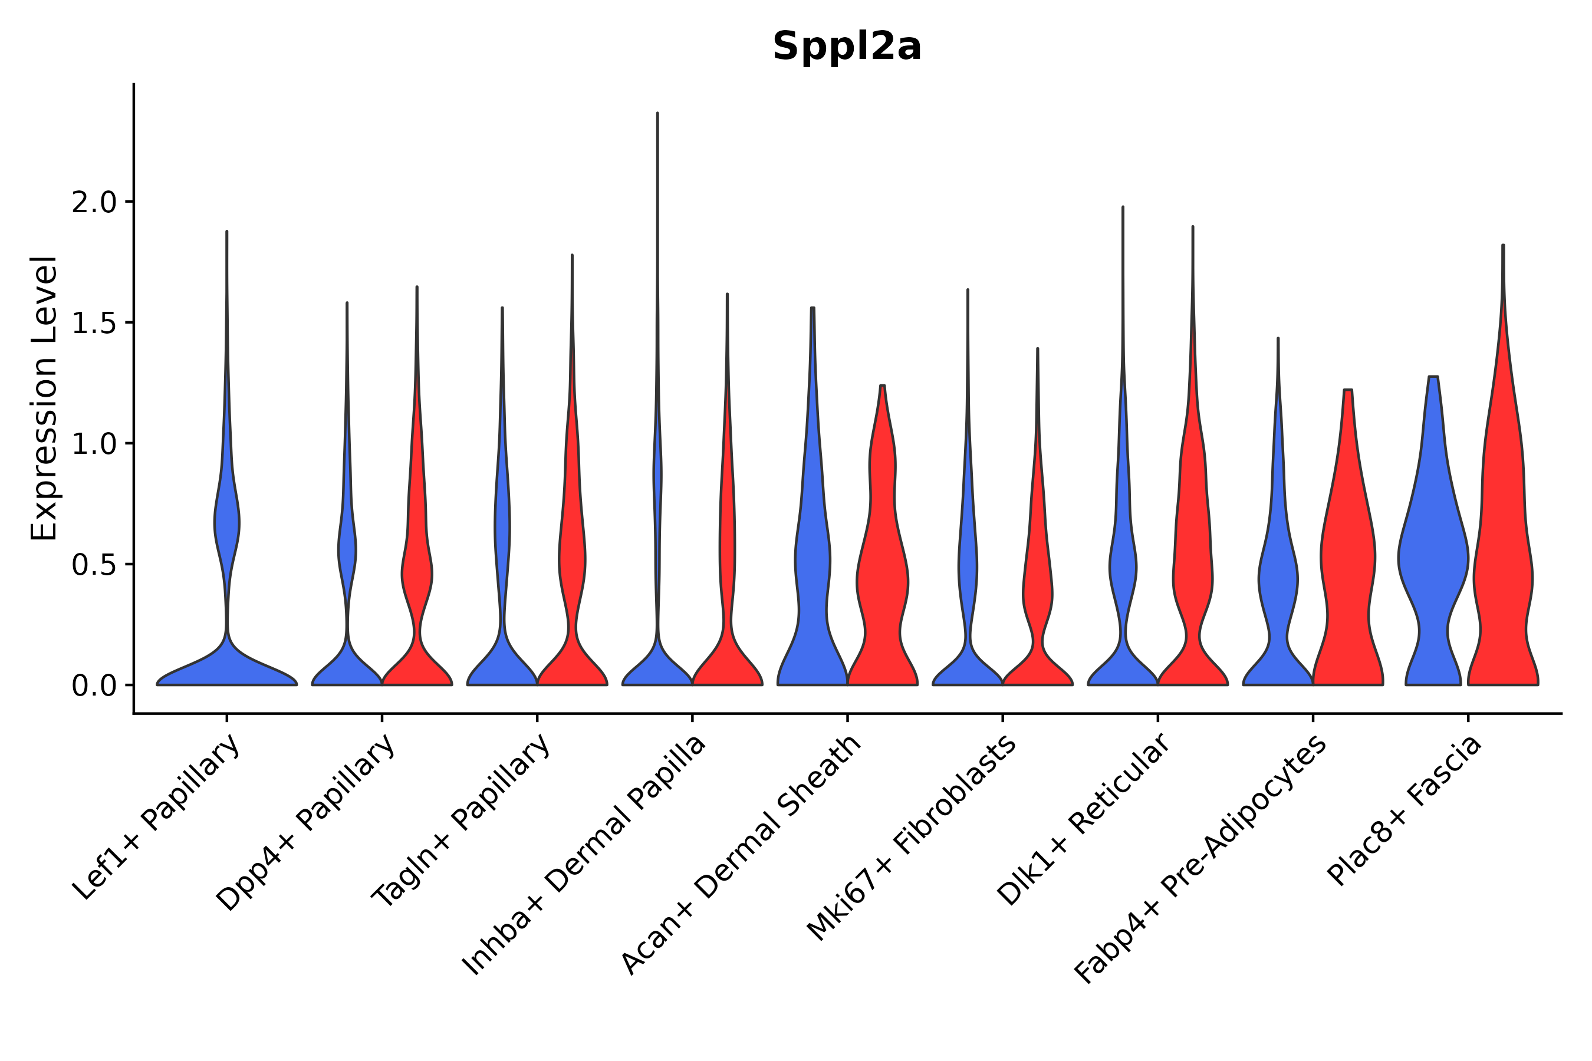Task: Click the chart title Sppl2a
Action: pyautogui.click(x=847, y=47)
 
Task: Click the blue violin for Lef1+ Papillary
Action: pyautogui.click(x=227, y=667)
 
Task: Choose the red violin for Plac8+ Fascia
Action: pyautogui.click(x=1502, y=575)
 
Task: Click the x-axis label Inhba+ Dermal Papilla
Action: pyautogui.click(x=585, y=855)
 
